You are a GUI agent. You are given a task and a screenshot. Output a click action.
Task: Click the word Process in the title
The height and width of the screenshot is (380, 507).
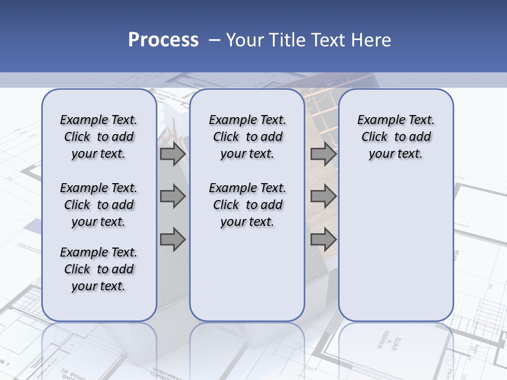click(163, 40)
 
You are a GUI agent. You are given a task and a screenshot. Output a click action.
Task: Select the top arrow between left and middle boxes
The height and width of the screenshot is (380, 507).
click(173, 154)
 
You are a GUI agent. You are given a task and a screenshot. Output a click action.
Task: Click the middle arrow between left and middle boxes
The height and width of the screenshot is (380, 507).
click(173, 197)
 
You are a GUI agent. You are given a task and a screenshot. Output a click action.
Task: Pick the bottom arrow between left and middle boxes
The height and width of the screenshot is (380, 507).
click(173, 240)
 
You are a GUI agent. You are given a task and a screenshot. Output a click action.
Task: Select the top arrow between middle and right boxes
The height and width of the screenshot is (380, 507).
click(323, 154)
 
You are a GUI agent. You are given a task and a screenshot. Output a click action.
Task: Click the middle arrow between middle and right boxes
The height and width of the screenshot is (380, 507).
click(323, 197)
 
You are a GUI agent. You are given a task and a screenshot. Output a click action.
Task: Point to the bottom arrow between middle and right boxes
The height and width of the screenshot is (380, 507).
click(323, 240)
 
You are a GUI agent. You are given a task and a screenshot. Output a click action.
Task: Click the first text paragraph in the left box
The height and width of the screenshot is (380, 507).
click(99, 137)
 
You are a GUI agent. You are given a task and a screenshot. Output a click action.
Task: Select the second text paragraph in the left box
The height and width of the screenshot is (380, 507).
click(99, 205)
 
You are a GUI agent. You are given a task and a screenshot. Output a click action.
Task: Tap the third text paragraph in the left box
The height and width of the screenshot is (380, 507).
click(99, 269)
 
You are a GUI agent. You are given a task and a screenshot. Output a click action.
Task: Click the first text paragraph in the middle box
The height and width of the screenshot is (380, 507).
click(247, 137)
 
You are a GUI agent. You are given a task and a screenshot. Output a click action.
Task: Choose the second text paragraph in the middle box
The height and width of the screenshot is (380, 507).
click(247, 205)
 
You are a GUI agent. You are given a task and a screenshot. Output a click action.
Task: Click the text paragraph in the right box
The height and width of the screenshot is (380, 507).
click(396, 137)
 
